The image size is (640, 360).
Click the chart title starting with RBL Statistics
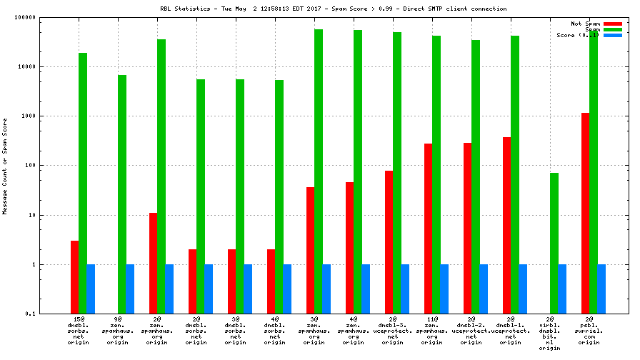pyautogui.click(x=334, y=9)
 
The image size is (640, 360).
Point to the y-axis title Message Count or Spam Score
pyautogui.click(x=6, y=166)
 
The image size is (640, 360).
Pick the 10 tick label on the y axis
pyautogui.click(x=31, y=215)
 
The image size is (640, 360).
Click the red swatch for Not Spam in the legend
pyautogui.click(x=613, y=24)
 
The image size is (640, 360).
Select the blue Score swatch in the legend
pyautogui.click(x=613, y=35)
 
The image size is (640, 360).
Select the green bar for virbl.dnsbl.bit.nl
pyautogui.click(x=554, y=243)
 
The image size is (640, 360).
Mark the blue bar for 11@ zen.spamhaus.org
pyautogui.click(x=444, y=289)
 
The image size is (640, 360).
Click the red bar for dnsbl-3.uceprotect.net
pyautogui.click(x=389, y=242)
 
